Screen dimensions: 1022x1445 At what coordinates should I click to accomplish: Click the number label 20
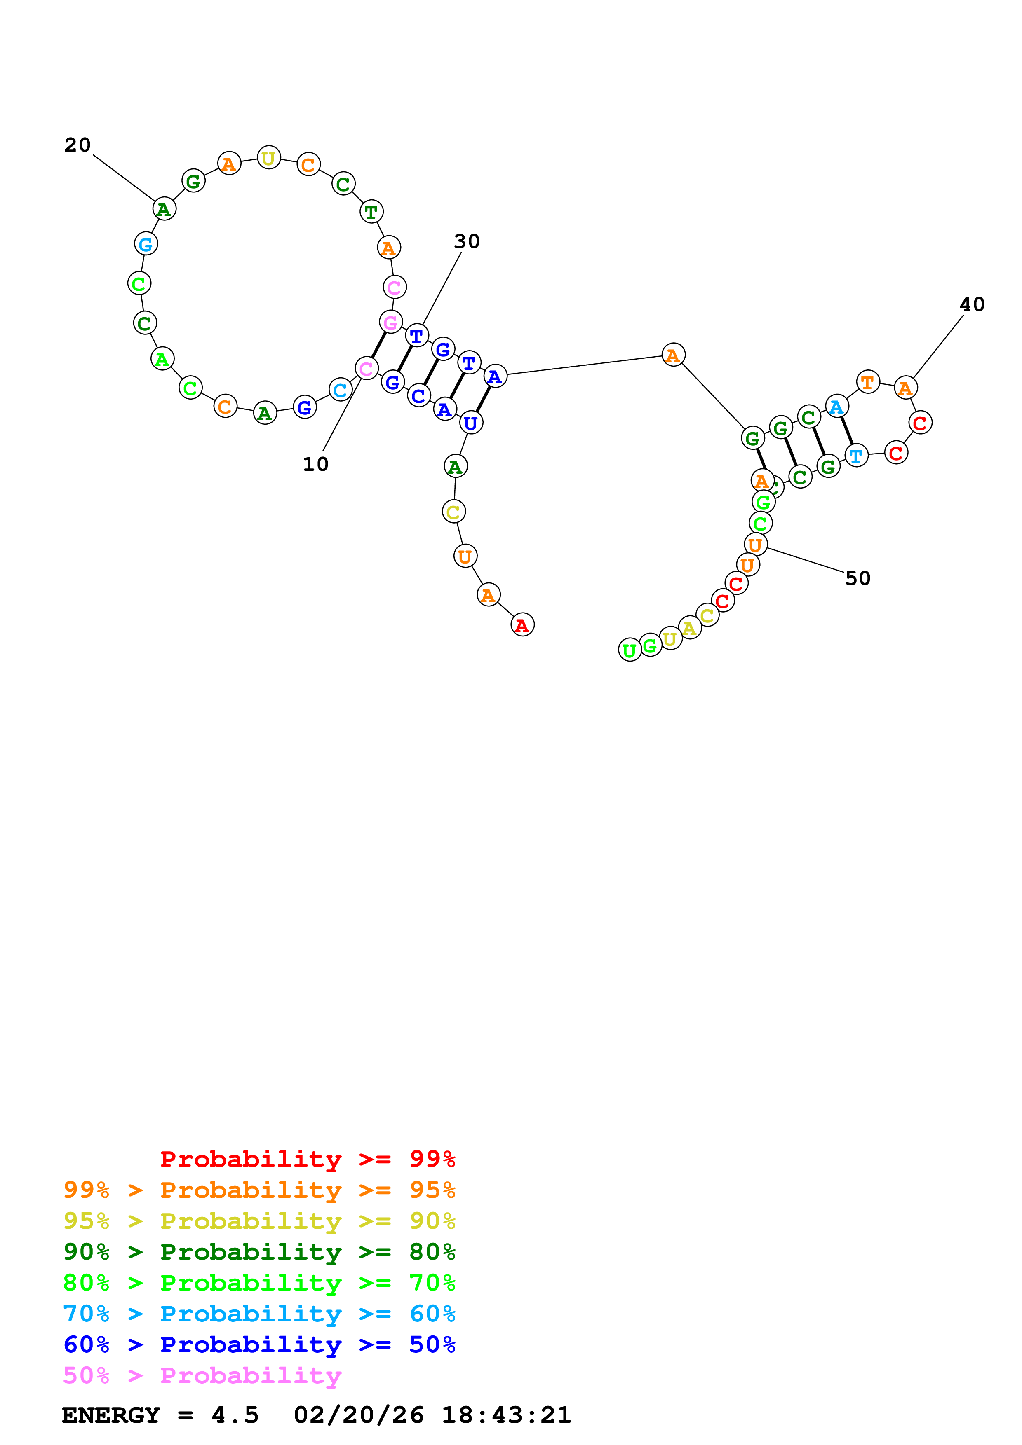point(78,145)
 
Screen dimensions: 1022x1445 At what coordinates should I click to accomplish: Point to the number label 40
point(972,304)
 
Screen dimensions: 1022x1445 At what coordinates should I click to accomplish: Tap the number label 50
point(857,578)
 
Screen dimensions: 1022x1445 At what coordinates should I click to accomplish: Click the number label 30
point(467,242)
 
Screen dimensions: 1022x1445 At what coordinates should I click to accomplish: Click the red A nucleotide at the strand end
point(522,625)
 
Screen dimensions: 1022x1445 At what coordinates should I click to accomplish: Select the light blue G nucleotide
point(146,243)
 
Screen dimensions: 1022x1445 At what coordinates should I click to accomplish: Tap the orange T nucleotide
point(868,381)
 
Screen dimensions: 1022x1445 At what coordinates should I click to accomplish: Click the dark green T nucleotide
point(371,212)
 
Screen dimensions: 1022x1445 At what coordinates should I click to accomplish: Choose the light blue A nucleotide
point(836,407)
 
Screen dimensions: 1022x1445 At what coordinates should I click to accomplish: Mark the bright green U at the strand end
point(630,650)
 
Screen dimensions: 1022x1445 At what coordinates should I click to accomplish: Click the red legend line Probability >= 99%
point(307,1159)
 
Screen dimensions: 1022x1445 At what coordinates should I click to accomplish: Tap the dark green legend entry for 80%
point(259,1252)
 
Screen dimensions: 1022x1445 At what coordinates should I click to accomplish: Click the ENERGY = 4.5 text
point(160,1415)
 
